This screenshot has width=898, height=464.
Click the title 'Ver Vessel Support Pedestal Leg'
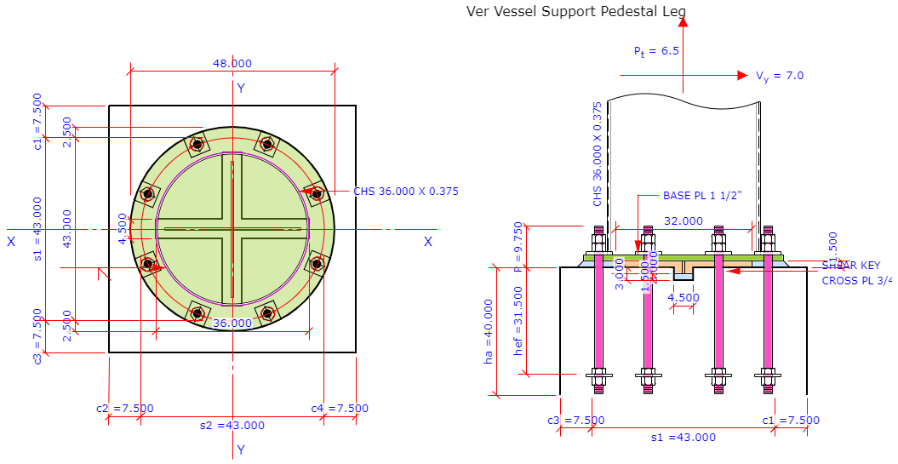click(x=576, y=11)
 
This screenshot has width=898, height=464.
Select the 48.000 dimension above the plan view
click(x=232, y=64)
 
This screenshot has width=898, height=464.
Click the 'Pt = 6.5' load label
click(x=656, y=51)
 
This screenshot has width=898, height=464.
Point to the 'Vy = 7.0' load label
click(x=780, y=76)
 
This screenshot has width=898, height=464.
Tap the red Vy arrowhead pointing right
click(x=743, y=76)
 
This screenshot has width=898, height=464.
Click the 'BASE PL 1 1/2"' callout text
click(x=702, y=195)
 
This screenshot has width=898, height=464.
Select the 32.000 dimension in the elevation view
click(x=683, y=221)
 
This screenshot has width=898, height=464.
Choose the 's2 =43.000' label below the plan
click(x=232, y=426)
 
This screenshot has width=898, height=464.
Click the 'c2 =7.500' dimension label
click(x=125, y=408)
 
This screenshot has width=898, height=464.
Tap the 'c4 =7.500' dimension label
click(x=340, y=408)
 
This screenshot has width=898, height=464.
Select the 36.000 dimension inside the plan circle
click(x=232, y=324)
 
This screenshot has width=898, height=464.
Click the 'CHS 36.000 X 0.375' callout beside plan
click(x=406, y=192)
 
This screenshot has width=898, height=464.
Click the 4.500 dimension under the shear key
click(x=684, y=298)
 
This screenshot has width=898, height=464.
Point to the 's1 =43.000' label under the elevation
click(x=684, y=438)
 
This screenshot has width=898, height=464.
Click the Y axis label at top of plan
click(x=241, y=89)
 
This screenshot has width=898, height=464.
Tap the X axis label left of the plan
click(x=11, y=242)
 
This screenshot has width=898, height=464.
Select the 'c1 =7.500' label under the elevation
click(x=791, y=420)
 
